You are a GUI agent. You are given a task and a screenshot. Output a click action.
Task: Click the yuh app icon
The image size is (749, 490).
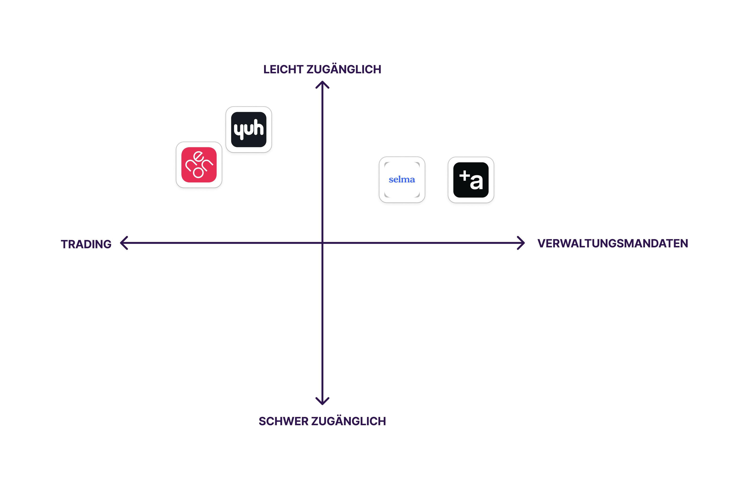[249, 129]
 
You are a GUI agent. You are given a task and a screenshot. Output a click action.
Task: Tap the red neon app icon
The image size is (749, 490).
[199, 165]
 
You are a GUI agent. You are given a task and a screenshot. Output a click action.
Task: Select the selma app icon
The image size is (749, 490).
[402, 180]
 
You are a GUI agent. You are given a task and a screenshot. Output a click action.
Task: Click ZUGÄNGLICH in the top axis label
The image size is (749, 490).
[344, 70]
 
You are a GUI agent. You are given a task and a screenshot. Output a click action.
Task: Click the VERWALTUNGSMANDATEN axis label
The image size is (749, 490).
[612, 243]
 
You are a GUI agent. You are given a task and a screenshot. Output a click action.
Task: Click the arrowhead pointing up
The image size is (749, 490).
[322, 84]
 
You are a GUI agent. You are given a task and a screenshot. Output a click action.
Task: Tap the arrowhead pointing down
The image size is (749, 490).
[322, 401]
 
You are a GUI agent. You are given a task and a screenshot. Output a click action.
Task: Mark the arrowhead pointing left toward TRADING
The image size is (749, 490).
[124, 243]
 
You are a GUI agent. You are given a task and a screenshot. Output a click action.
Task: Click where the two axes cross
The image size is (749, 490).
[322, 243]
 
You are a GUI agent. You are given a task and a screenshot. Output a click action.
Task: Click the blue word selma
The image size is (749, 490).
[402, 179]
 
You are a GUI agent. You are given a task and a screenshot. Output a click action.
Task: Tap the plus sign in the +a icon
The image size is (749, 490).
[465, 175]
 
